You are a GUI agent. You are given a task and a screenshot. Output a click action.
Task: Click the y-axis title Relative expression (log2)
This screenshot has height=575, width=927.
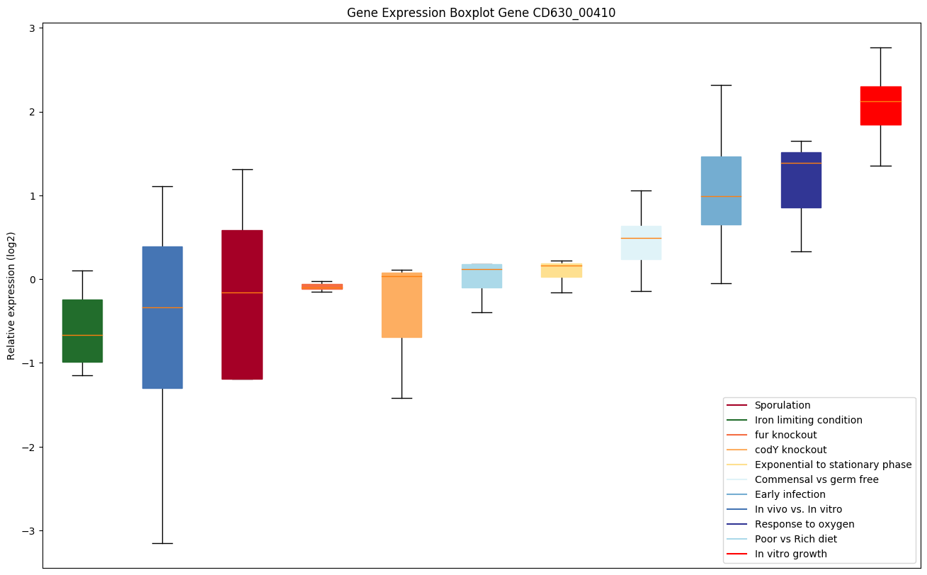coord(11,295)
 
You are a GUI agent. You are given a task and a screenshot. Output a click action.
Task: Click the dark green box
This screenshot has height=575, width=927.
coord(82,331)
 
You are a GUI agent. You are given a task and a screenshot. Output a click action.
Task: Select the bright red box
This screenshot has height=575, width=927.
coord(880,106)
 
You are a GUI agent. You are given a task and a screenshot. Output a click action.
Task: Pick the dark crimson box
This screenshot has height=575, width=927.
coord(242,304)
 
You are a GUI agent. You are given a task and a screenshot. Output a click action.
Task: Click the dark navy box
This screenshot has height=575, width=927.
coord(801,180)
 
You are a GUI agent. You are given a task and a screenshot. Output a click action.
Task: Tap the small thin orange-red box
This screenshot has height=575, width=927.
coord(322,287)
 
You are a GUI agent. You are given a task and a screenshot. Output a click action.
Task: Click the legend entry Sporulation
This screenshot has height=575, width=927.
coord(782,405)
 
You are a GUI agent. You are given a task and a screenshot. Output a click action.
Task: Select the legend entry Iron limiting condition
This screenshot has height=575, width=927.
coord(808,420)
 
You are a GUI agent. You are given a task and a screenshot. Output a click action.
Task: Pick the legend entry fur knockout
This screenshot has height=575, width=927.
coord(785,435)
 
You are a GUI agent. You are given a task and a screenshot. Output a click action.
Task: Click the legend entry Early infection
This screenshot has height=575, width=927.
coord(790,494)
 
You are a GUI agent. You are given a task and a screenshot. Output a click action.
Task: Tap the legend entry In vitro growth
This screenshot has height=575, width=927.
coord(790,554)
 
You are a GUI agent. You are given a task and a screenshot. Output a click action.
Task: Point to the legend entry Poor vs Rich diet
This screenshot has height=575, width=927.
coord(795,539)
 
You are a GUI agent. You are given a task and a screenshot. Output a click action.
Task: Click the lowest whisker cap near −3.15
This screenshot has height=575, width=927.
coord(162,543)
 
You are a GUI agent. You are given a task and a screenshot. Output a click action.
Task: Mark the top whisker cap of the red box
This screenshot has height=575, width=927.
coord(880,47)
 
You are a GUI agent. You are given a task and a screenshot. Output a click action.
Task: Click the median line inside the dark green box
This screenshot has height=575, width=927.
coord(82,335)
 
